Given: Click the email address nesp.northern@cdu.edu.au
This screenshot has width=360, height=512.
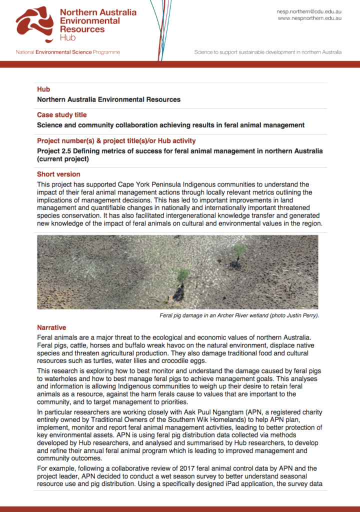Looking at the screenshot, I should pos(308,11).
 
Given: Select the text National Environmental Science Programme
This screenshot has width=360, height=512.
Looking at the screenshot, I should pos(67,52).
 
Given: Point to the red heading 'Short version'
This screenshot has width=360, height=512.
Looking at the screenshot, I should pos(58,174).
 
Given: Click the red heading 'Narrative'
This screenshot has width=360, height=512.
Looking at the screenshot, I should pos(51,327).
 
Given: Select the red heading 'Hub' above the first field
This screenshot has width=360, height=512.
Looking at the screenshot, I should pos(43,89).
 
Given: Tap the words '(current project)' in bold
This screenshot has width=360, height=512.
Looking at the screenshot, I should pos(63,159).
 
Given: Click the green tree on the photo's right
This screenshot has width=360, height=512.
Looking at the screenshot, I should pos(239,250).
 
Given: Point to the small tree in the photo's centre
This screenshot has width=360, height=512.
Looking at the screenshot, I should pos(183,275).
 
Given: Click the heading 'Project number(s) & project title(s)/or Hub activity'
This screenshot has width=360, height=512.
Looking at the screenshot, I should pos(116,141).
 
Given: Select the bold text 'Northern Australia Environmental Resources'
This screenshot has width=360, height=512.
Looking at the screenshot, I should pos(108,99).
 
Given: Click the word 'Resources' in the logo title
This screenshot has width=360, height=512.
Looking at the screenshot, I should pos(82,29).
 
